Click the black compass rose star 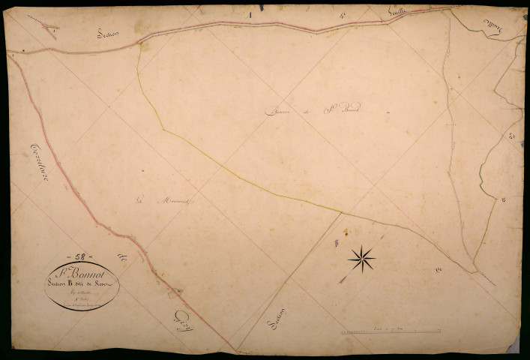(361, 259)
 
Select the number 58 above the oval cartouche (79, 256)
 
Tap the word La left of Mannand (140, 199)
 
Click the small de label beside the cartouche (124, 259)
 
